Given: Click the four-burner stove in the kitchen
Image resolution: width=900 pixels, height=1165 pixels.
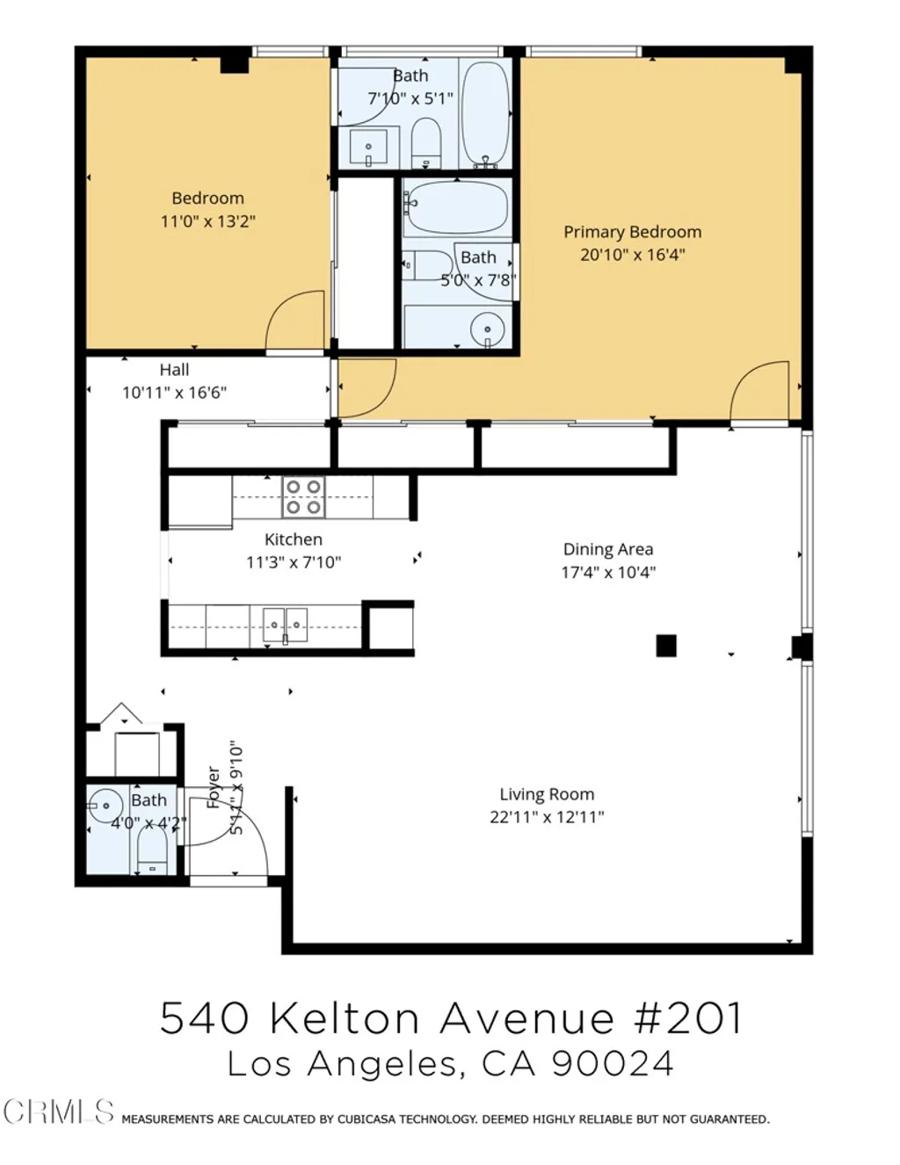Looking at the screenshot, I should click(303, 496).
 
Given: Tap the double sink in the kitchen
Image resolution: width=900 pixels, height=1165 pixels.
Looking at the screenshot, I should click(285, 625).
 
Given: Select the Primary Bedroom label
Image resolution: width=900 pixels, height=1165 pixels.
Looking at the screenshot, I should click(632, 232).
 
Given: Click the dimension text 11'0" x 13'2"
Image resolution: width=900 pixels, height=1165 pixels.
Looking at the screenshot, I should click(207, 221).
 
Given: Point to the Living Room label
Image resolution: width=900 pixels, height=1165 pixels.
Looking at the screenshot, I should click(547, 794).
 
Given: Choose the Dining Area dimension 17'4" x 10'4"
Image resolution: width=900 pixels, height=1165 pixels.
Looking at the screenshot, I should click(608, 572).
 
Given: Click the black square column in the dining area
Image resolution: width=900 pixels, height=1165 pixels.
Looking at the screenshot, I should click(666, 646).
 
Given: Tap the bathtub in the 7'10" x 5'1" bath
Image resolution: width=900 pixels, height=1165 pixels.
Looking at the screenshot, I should click(485, 112).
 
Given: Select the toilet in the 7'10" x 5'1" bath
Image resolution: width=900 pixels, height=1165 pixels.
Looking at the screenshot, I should click(426, 142).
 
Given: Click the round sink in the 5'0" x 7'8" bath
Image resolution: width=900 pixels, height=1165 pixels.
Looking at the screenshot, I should click(487, 330).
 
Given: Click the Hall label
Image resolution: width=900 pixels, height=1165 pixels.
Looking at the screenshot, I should click(174, 370).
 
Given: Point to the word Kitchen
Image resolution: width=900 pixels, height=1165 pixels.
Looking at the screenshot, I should click(294, 539).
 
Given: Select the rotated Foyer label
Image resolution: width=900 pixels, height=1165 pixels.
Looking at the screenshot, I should click(214, 787).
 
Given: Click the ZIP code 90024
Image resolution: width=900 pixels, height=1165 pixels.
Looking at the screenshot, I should click(612, 1064).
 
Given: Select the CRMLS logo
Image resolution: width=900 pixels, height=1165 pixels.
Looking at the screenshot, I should click(58, 1111).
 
